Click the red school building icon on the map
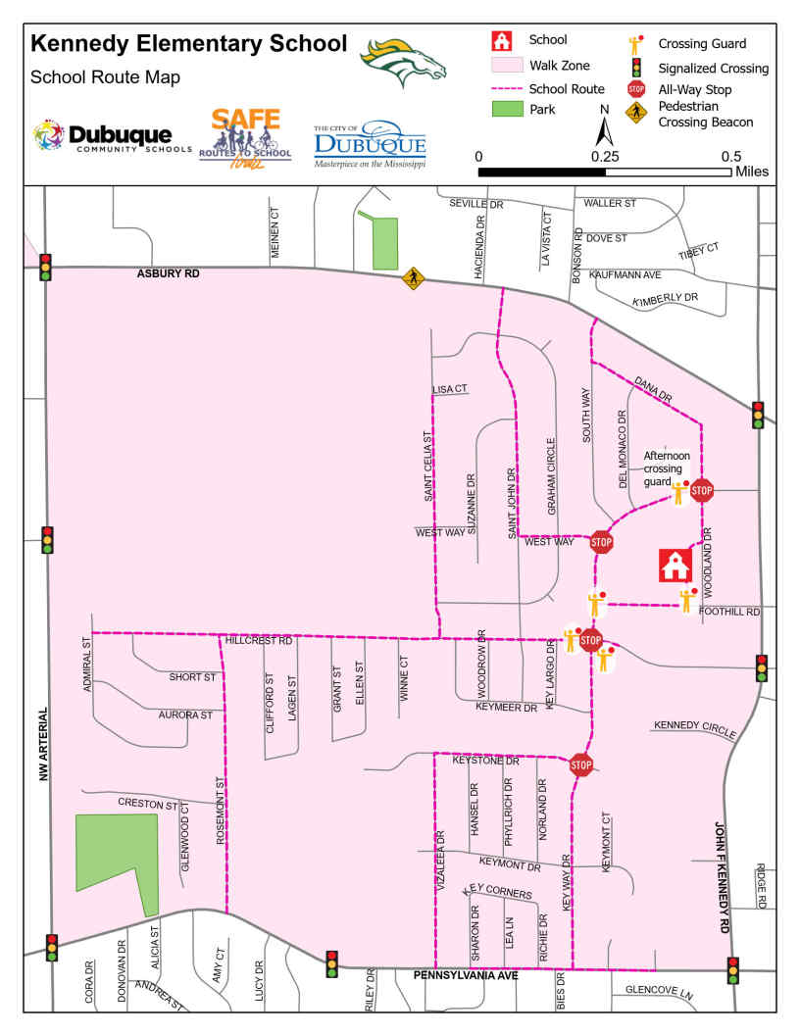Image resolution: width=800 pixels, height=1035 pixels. pos(674,565)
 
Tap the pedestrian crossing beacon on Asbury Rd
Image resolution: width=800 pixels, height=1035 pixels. pos(413,279)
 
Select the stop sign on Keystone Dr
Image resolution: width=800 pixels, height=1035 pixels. pos(580,764)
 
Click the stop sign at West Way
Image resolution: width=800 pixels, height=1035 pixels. pos(601,541)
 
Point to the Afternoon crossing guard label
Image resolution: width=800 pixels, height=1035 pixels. pos(667,468)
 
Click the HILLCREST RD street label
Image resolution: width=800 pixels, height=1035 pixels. pos(259,640)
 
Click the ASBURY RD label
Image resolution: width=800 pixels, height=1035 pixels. pos(168,274)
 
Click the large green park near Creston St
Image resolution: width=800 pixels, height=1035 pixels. pos(115,853)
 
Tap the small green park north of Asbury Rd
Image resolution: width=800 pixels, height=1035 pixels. pos(385,243)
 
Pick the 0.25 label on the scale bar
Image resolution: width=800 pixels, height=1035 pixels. pos(605,156)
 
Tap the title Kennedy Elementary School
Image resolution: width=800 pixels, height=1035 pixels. pos(188,44)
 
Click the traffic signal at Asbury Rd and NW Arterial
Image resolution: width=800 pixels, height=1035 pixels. pos(46,267)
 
